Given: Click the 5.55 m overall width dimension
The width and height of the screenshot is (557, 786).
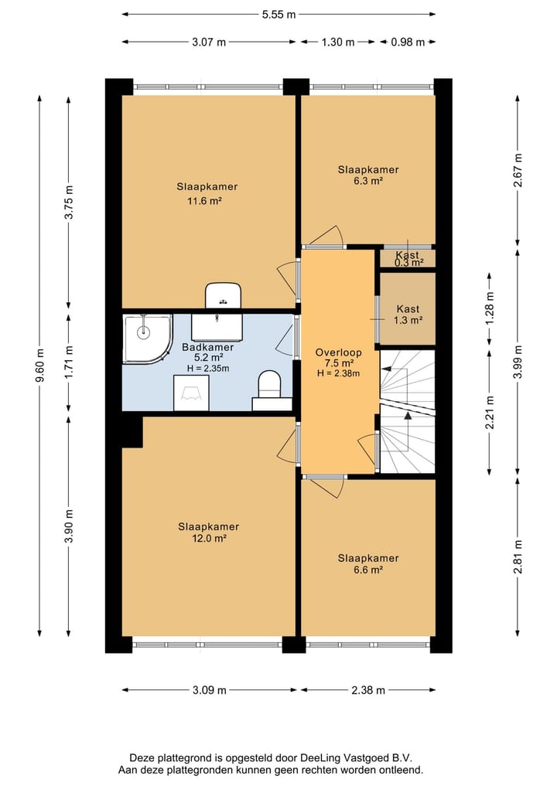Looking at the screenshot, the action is coord(278,15).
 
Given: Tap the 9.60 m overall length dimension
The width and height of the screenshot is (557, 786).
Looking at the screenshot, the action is coord(40,365).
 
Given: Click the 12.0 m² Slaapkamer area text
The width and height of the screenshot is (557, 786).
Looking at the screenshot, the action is coord(208,539).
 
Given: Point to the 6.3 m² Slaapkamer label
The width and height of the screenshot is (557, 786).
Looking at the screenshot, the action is coord(368,181).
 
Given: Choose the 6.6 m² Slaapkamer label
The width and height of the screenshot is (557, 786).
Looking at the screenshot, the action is coord(368,570).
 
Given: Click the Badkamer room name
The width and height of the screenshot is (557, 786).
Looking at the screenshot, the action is coord(208,347).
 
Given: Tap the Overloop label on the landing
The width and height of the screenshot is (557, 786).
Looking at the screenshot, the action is coord(338,352).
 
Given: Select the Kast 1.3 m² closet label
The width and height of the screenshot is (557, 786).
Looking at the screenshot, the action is coord(408,315).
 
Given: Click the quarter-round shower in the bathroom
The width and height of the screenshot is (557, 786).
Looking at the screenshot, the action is coord(147,339).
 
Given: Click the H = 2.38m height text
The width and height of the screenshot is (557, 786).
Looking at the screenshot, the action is coord(338,373).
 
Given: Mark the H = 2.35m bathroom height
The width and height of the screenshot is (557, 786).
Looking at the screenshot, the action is coord(208,369).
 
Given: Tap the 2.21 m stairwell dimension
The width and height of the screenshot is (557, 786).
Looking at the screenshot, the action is coord(490,413).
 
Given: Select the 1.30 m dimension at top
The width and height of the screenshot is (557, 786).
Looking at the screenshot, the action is coord(338,42).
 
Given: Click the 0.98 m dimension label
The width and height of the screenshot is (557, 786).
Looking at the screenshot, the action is coord(408,42).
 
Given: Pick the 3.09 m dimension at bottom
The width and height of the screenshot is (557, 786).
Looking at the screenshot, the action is coord(209,690).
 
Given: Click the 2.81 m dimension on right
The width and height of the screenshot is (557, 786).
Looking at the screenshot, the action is coord(518,557).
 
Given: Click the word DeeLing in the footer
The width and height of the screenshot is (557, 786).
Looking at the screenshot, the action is coord(322,758).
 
